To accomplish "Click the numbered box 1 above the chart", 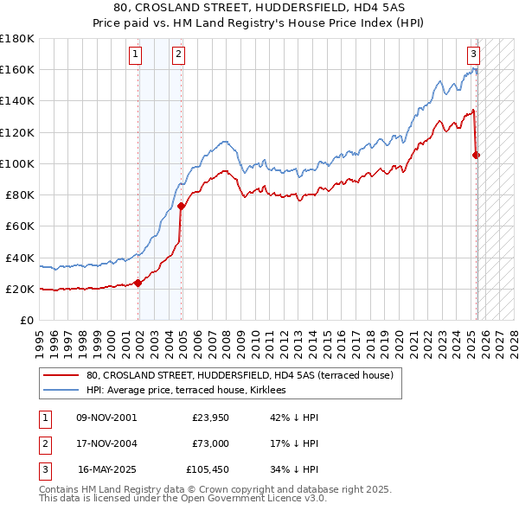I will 137,54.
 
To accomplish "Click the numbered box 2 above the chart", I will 177,54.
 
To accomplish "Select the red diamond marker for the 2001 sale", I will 138,282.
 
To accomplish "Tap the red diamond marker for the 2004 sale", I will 182,206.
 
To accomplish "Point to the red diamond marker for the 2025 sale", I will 477,156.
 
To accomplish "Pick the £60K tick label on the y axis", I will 19,226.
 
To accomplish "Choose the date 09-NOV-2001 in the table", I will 106,418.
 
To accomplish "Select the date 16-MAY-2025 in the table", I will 108,471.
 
